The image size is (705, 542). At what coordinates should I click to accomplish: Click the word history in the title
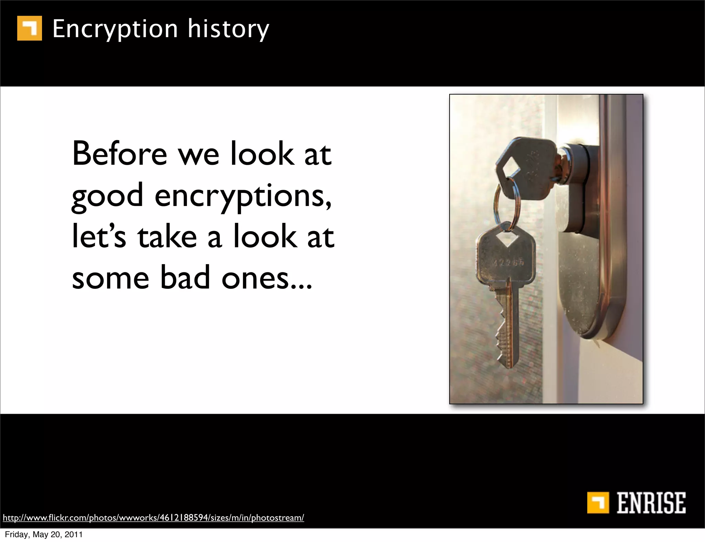pos(228,29)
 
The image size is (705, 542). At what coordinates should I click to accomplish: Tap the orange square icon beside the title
pos(30,28)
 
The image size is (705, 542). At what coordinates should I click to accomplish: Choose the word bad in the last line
pos(185,278)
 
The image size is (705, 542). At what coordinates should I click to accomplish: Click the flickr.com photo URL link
pos(153,518)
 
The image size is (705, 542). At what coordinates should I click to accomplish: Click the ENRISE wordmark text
pos(651,503)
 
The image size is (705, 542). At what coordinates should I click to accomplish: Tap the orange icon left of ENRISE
pos(599,502)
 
